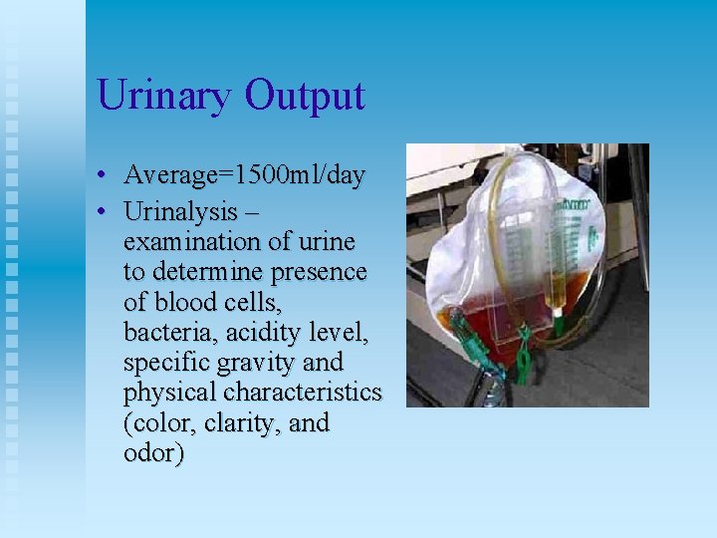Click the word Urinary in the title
pos(165,97)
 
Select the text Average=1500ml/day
pos(244,176)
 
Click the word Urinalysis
pos(180,212)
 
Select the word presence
pos(320,272)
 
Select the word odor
pos(153,452)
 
